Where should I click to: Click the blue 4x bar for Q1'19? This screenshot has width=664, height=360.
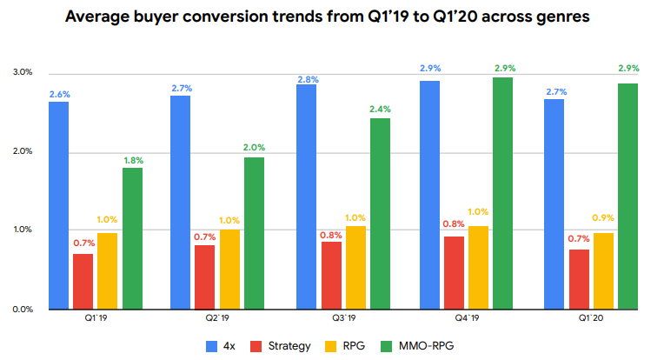[58, 205]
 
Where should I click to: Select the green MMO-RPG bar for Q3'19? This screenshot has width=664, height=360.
[380, 213]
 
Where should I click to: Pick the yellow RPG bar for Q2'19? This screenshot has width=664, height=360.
[229, 269]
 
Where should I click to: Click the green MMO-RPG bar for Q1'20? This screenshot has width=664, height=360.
[627, 196]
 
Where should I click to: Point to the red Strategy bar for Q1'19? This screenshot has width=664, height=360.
[83, 281]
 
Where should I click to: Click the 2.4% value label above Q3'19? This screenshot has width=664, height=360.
[380, 110]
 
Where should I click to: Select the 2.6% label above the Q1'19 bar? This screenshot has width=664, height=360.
[58, 93]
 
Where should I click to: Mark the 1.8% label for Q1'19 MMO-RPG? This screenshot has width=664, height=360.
[132, 160]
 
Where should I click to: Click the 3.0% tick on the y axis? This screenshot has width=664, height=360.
[22, 72]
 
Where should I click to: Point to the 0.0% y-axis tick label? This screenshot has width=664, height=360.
[22, 309]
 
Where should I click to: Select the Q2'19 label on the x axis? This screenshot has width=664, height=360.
[217, 319]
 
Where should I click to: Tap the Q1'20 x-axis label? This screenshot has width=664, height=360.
[590, 319]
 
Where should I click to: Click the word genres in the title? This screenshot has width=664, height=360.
[559, 17]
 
